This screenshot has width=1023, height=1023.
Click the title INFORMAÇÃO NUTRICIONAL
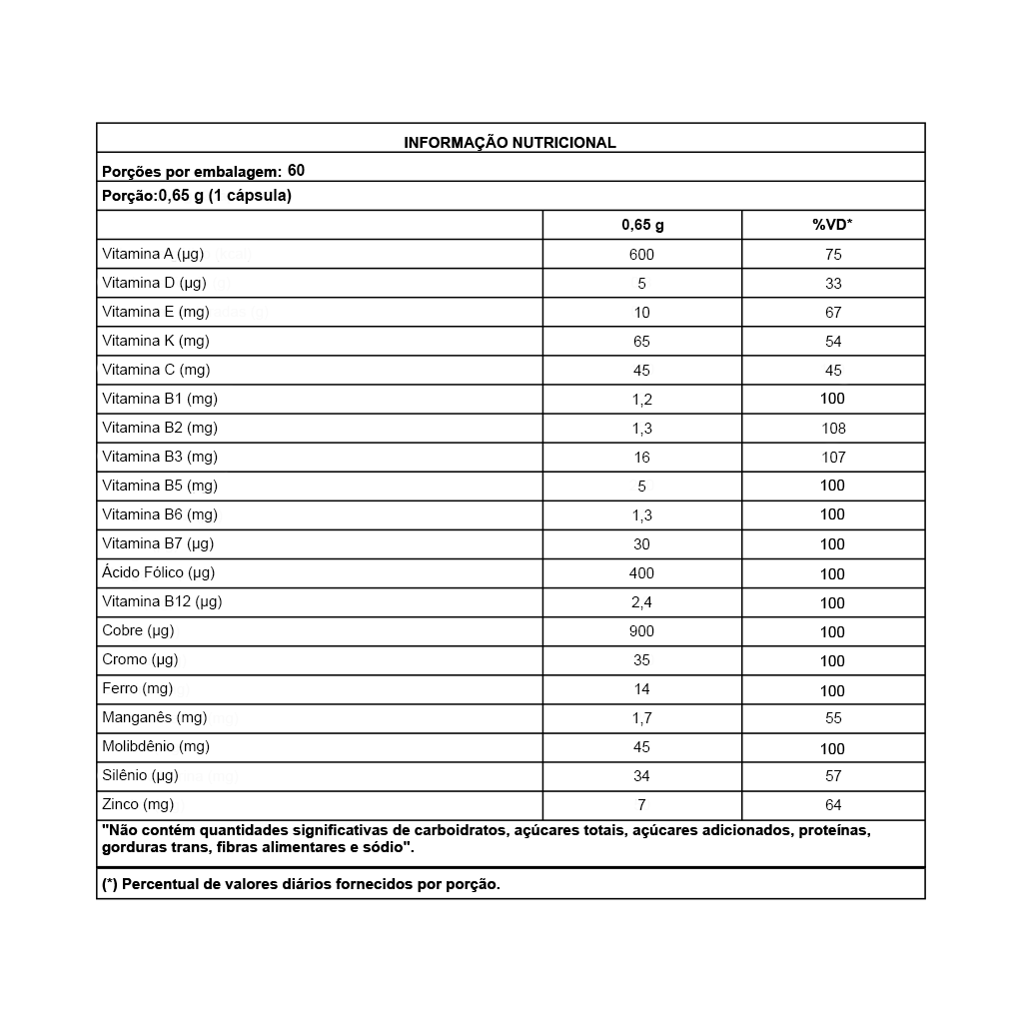pos(510,143)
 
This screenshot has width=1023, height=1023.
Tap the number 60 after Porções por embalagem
pos(296,170)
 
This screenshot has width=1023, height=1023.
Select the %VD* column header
pos(832,225)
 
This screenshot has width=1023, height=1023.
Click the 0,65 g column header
pos(642,225)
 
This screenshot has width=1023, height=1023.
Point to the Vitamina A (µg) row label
pos(153,254)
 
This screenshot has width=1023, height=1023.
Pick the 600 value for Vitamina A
pos(641,255)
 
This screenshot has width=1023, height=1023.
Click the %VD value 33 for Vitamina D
pos(833,284)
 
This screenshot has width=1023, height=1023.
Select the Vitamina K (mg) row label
pos(156,341)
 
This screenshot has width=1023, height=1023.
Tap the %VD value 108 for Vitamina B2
pos(833,429)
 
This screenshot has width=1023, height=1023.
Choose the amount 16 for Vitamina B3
pos(641,458)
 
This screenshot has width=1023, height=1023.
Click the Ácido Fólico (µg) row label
pos(159,572)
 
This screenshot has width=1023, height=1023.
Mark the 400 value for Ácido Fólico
pos(641,573)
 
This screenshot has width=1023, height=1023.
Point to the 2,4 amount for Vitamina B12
pos(641,602)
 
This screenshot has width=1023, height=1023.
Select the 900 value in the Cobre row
pos(641,631)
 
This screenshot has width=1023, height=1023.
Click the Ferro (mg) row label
pos(138,688)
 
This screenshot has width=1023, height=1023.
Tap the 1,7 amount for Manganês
pos(641,717)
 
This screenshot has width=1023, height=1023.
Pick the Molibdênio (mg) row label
pos(156,746)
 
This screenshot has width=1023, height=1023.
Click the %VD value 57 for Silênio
pos(833,776)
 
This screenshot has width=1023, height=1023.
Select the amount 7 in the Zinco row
pos(641,805)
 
